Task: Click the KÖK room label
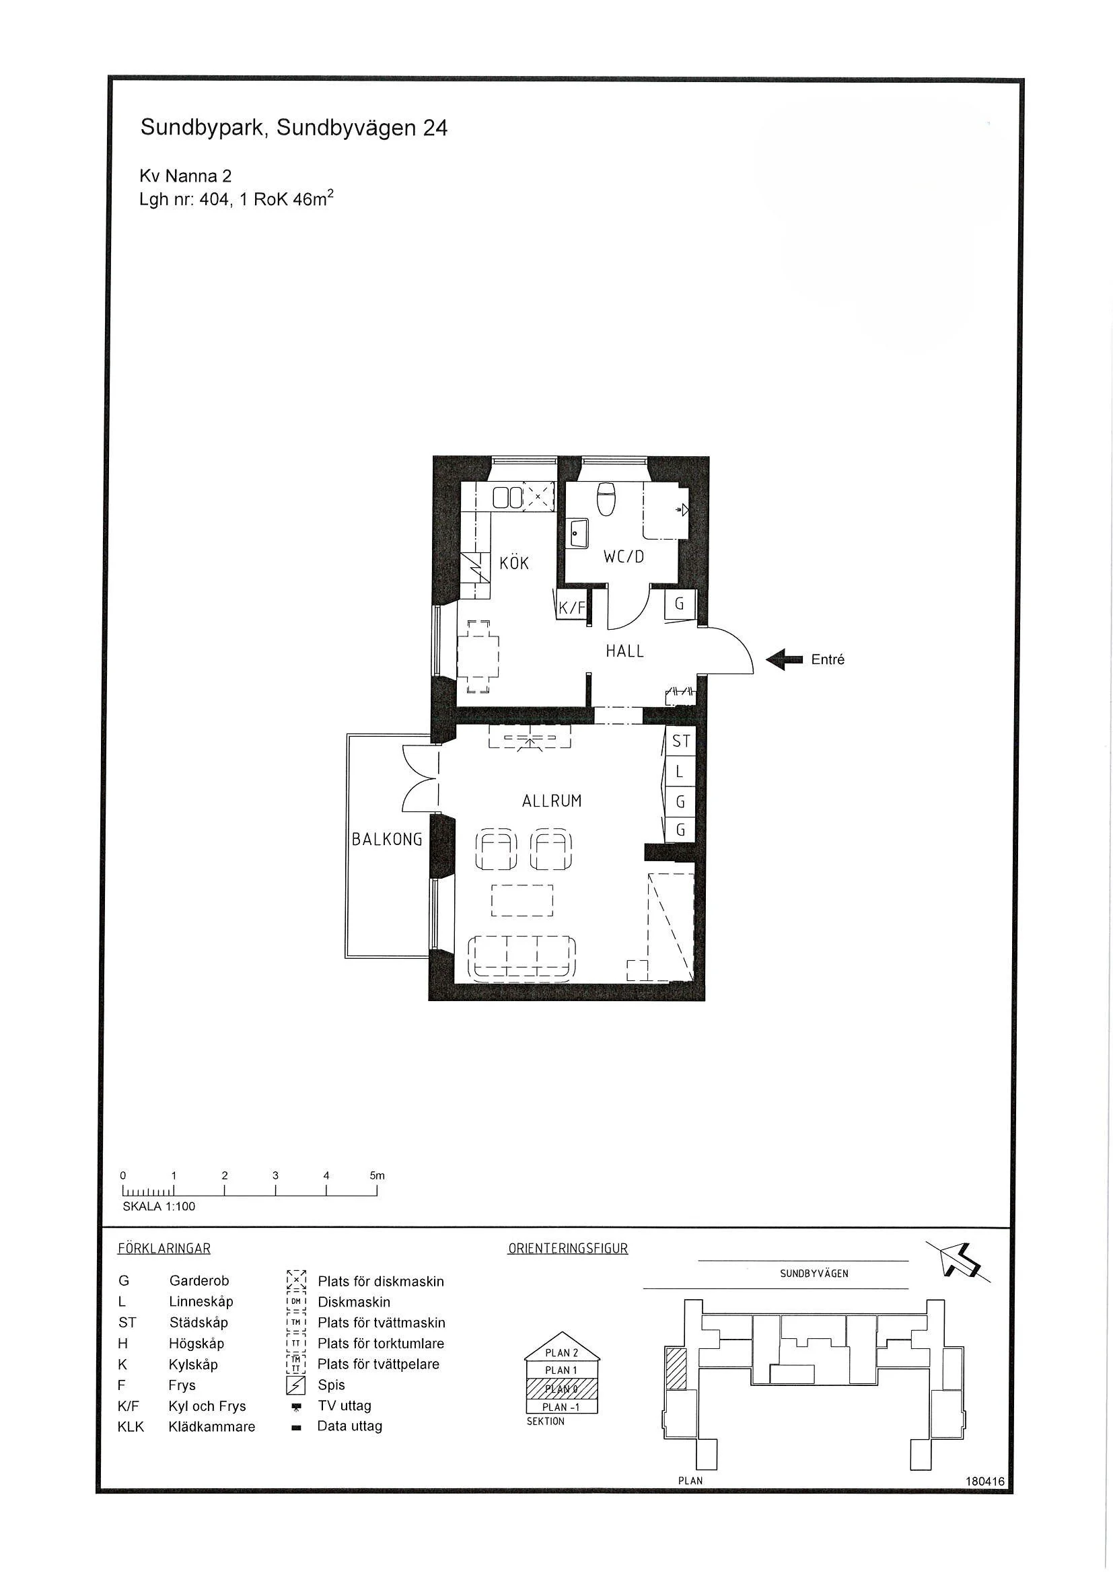[x=514, y=563]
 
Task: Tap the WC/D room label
[x=624, y=557]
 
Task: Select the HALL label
[x=624, y=651]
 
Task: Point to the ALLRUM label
[x=552, y=801]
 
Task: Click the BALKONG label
[x=386, y=839]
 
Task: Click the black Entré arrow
[x=784, y=660]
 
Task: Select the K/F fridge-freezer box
[x=571, y=607]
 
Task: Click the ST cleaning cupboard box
[x=680, y=741]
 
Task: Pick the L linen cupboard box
[x=680, y=772]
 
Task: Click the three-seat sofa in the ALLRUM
[x=522, y=957]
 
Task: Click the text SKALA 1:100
[x=159, y=1206]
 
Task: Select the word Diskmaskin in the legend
[x=354, y=1302]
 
